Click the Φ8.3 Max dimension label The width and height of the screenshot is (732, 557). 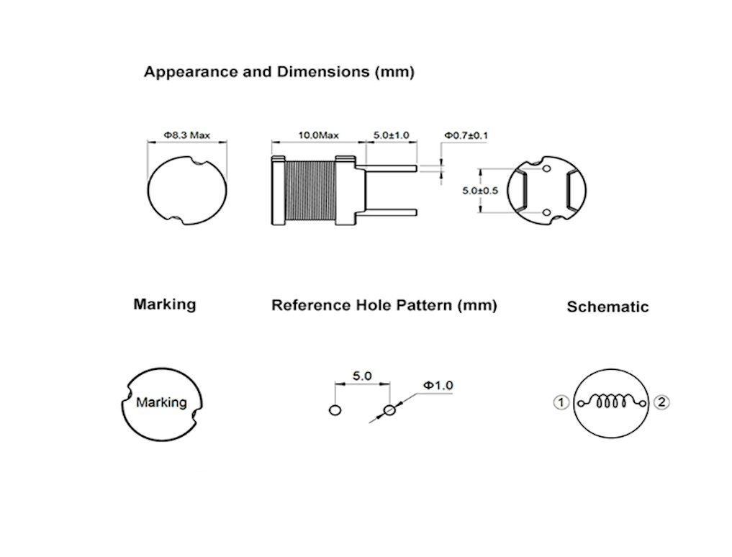coord(186,135)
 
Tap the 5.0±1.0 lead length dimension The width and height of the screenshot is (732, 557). coord(391,135)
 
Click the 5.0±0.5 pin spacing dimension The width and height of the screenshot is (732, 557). coord(481,191)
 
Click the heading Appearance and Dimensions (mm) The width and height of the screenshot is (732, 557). coord(279,72)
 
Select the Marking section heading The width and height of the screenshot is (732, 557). coord(164,304)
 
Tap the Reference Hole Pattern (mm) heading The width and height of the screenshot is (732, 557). coord(384,305)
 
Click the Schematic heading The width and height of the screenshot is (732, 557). coord(607,307)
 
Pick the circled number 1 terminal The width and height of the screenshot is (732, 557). coord(561,402)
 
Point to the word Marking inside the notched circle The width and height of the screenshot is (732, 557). coord(161,402)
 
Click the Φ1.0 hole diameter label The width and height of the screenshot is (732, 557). coord(438,386)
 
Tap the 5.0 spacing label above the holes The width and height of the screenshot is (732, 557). coord(362,376)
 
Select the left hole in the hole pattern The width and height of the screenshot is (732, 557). coord(334,410)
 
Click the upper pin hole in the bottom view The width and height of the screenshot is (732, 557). coord(546,170)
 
